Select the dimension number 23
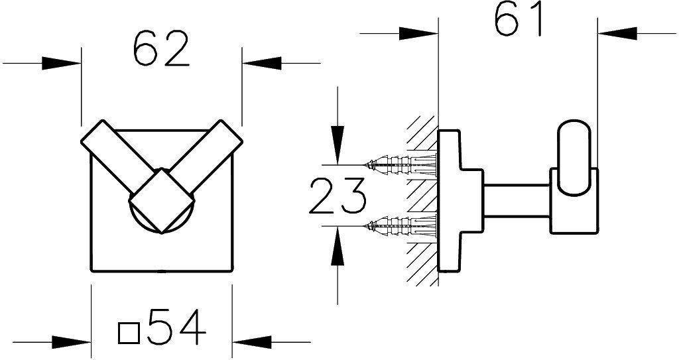click(338, 196)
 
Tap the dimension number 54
click(176, 327)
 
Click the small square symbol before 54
click(129, 333)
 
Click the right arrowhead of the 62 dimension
click(261, 63)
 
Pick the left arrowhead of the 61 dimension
click(418, 33)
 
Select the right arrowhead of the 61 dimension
click(617, 33)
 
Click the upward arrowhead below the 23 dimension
click(338, 245)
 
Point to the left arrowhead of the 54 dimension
click(72, 342)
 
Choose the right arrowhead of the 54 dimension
click(251, 342)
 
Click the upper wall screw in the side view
click(401, 164)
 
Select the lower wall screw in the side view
click(401, 225)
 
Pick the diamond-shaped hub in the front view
click(162, 201)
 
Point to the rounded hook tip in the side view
click(574, 158)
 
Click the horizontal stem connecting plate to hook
click(517, 200)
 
